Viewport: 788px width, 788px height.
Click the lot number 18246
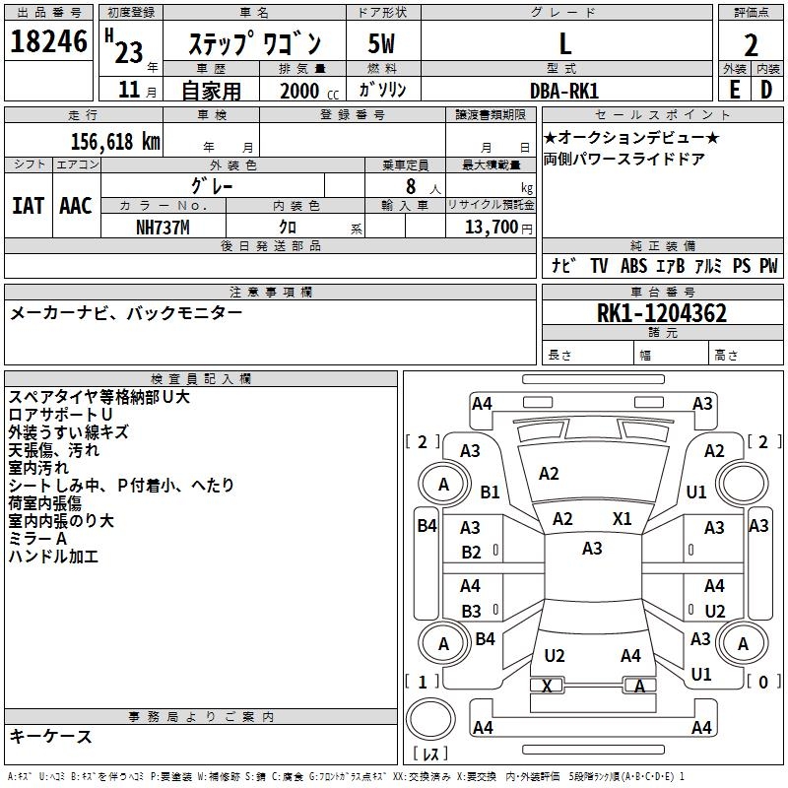coord(48,42)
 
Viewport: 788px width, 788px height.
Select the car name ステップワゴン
coord(254,44)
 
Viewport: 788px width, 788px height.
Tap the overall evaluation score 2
coord(751,44)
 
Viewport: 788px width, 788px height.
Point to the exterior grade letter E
coord(734,89)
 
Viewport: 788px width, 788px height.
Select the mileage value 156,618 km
coord(115,141)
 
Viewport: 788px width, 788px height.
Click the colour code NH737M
coord(163,226)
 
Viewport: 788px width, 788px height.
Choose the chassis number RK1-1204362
coord(662,313)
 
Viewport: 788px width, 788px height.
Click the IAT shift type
coord(28,206)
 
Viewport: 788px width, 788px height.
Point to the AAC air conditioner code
coord(75,206)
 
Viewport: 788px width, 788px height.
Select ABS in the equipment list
coord(633,266)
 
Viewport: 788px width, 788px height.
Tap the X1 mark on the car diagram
coord(622,518)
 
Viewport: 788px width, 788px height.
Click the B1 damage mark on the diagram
coord(490,492)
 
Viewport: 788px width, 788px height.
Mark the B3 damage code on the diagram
coord(471,611)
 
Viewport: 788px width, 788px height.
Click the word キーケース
coord(50,736)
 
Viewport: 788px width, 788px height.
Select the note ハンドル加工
coord(53,557)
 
